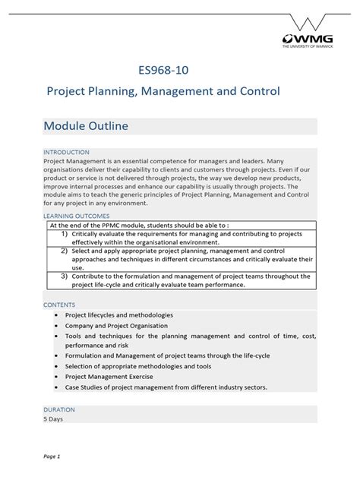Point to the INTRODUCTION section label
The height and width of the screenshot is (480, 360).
[x=66, y=152]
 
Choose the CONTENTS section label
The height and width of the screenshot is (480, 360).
[x=59, y=304]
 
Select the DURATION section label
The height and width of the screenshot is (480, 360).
[x=59, y=409]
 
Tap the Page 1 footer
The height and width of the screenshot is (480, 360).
[x=52, y=456]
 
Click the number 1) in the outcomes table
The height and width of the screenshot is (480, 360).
[x=66, y=234]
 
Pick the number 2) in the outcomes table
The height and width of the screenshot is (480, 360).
[x=66, y=251]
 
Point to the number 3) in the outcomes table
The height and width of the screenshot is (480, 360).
[x=66, y=276]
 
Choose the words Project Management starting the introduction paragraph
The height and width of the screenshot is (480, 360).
[x=74, y=161]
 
